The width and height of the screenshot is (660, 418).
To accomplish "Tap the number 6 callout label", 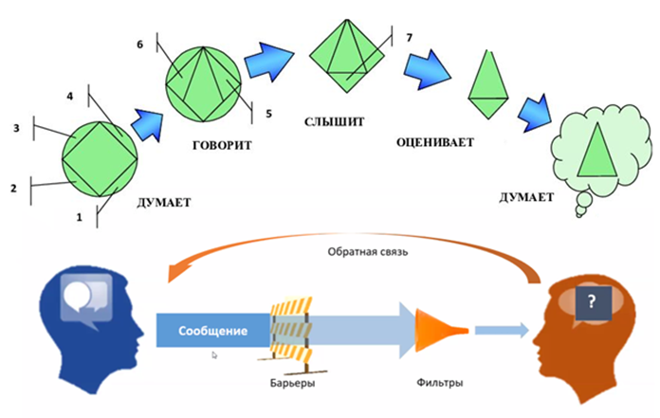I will (139, 45).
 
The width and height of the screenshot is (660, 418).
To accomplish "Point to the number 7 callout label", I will (409, 37).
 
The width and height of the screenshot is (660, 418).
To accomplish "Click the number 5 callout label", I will (268, 114).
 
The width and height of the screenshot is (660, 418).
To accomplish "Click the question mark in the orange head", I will (591, 302).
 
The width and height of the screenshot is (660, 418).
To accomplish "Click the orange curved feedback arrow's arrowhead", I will (174, 273).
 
